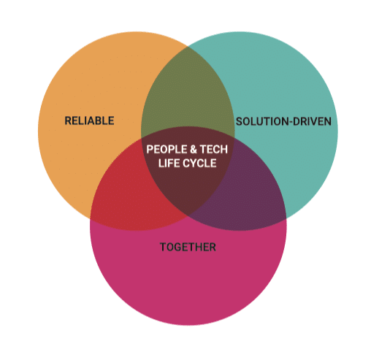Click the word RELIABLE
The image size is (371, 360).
click(x=89, y=120)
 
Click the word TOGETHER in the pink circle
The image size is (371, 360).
click(x=188, y=247)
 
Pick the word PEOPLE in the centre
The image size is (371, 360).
click(x=167, y=149)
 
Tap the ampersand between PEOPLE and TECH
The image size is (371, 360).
click(x=194, y=149)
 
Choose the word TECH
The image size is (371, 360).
click(x=214, y=149)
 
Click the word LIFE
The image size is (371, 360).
click(x=167, y=163)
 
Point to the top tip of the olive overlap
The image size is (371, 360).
click(x=188, y=46)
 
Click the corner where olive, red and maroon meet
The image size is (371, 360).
click(x=142, y=138)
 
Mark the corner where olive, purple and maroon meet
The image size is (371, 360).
click(x=234, y=138)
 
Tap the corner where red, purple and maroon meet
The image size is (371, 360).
click(x=188, y=216)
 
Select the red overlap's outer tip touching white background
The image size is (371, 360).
click(x=91, y=218)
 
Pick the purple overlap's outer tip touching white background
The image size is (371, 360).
click(x=286, y=218)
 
